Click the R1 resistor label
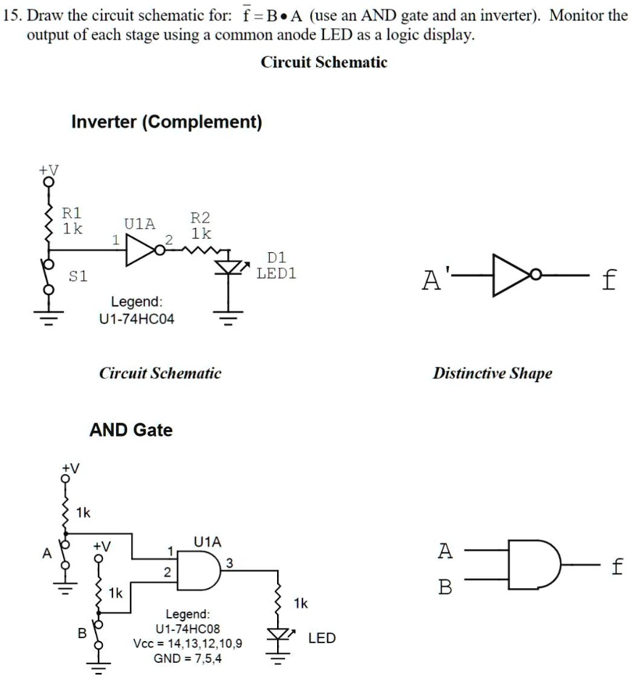(72, 220)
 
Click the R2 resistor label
(200, 226)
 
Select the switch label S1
(78, 276)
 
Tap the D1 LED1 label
(276, 266)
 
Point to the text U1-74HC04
(136, 319)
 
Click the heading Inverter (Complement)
(166, 122)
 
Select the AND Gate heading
(131, 430)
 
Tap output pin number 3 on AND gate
(229, 563)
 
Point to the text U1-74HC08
(188, 628)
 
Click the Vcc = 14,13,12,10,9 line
(188, 643)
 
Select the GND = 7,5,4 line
(188, 658)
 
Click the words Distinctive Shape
(492, 373)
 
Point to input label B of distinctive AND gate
(446, 587)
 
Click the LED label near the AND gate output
(321, 638)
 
